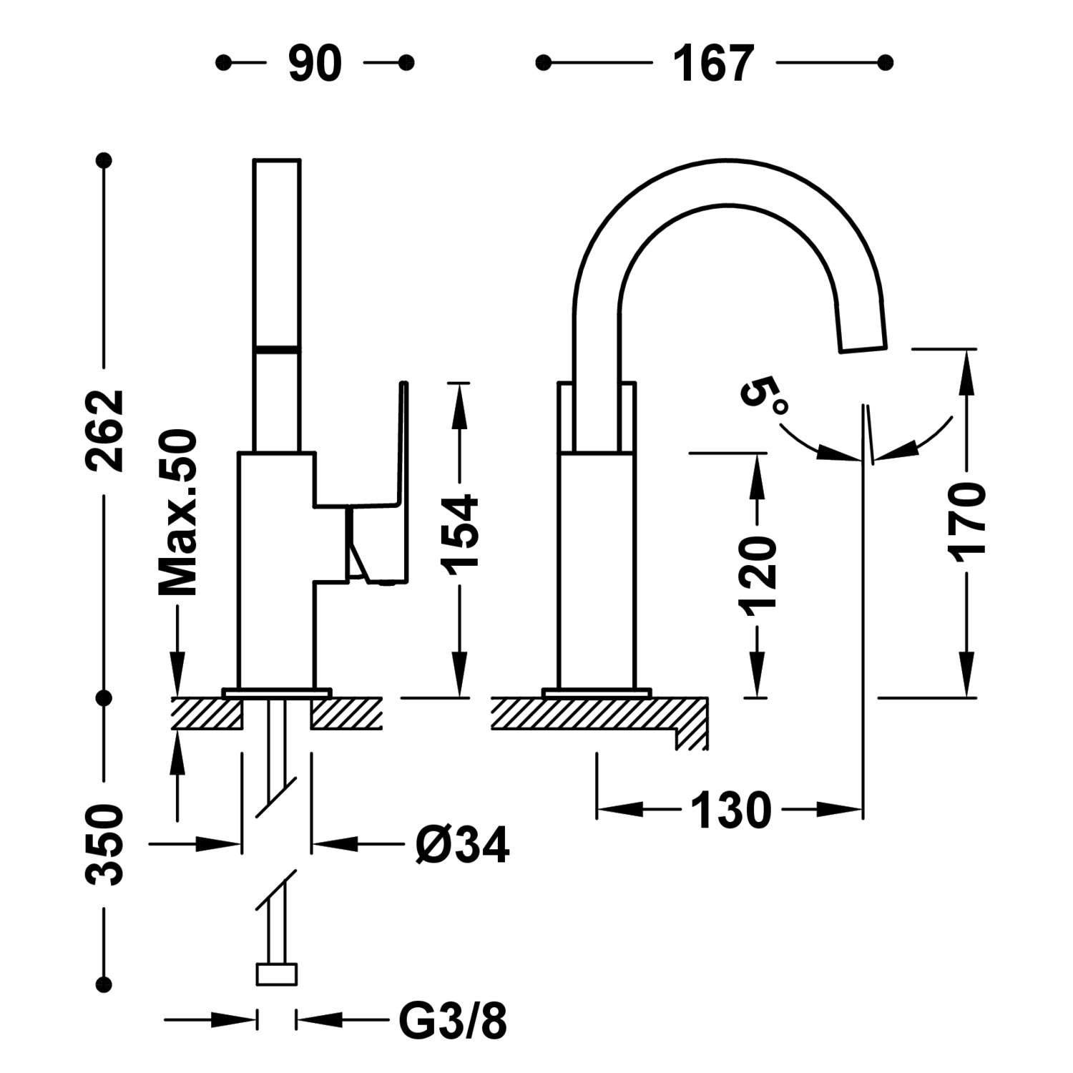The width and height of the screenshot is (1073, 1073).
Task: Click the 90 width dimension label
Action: point(315,63)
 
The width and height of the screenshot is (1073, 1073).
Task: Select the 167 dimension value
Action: point(714,63)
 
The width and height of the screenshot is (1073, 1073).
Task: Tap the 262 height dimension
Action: point(105,431)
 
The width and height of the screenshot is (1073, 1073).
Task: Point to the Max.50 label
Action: point(177,513)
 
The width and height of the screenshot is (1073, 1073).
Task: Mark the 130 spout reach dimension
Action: point(731,810)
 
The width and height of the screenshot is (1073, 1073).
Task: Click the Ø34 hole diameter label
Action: point(463,845)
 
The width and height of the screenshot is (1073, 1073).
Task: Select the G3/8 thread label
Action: point(453,1022)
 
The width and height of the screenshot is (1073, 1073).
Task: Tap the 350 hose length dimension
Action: point(105,845)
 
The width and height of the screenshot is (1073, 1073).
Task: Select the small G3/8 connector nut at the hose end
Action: point(276,974)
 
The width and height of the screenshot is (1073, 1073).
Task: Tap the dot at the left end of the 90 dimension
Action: point(224,63)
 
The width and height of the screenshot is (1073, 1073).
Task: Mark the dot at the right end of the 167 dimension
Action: point(886,63)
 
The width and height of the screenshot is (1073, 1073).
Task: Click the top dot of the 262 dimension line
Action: point(105,160)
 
